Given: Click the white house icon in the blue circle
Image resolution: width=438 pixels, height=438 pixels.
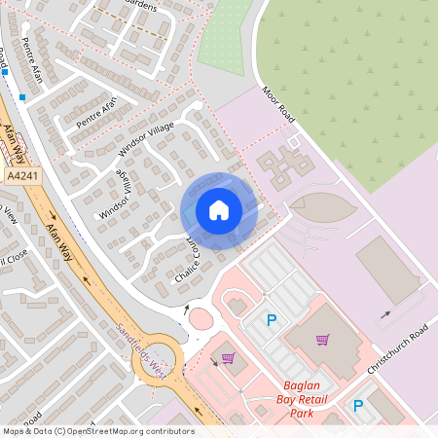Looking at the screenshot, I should [x=219, y=210].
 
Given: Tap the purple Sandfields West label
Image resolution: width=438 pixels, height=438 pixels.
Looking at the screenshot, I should [x=146, y=351].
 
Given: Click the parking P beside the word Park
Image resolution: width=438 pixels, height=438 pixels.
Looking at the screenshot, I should [x=358, y=406].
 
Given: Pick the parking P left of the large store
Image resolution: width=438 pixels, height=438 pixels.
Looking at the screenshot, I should [x=272, y=319].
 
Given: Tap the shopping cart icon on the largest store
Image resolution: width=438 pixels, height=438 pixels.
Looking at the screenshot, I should [x=322, y=340].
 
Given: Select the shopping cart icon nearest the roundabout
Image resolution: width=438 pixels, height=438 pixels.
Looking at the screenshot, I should [x=228, y=358].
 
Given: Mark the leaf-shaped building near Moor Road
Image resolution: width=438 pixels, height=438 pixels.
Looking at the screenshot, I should [x=319, y=206].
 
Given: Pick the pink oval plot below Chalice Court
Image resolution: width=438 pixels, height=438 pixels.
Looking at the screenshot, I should [x=200, y=317].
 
